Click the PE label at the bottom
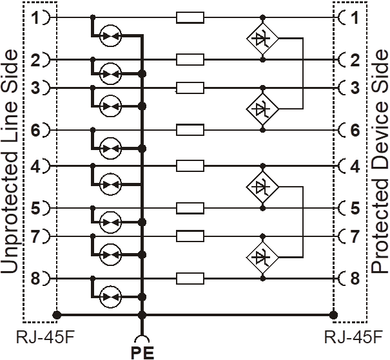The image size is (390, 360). point(142,352)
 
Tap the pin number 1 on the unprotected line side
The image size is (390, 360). point(36,17)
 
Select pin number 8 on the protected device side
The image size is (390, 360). point(355,278)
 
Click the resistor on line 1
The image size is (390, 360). point(190,17)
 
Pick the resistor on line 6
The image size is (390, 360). point(190,129)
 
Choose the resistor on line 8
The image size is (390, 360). point(190,278)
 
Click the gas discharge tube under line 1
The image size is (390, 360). point(110,36)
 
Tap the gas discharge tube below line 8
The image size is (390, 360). point(110,297)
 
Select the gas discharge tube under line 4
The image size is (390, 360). point(110,184)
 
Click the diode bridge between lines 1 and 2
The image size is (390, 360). point(262,39)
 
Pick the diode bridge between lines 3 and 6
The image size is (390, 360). point(262,109)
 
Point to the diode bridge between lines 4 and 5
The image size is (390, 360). point(262,187)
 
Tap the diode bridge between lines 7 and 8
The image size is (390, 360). point(262,257)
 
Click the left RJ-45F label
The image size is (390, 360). point(45,337)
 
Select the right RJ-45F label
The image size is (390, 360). point(353,337)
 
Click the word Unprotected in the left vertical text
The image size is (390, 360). point(10,214)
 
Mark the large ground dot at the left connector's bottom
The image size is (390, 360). point(57,315)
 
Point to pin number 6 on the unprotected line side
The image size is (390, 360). point(35,129)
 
